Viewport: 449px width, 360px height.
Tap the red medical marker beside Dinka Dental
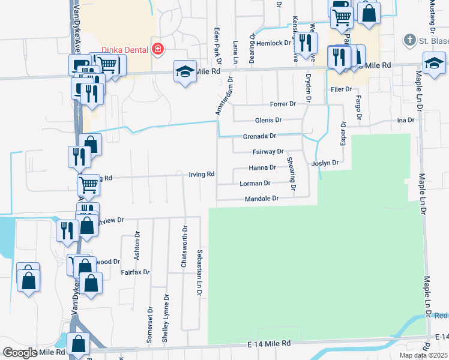coord(158,49)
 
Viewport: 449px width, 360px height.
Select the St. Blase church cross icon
coord(409,40)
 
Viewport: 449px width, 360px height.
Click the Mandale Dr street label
coord(262,199)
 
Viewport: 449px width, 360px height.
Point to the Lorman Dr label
coord(255,183)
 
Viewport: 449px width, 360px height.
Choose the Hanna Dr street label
coord(262,167)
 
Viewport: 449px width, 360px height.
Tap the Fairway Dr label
coord(268,152)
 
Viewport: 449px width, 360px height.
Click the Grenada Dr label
coord(259,136)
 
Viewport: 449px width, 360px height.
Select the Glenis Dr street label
coord(267,120)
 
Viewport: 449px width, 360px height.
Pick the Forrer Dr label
coord(283,104)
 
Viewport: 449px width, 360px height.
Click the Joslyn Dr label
coord(325,163)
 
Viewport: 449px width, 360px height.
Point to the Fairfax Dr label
coord(134,272)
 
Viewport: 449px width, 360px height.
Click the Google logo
coord(19,353)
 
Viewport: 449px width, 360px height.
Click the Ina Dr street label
coord(406,120)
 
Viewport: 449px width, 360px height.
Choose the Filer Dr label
coord(340,89)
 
